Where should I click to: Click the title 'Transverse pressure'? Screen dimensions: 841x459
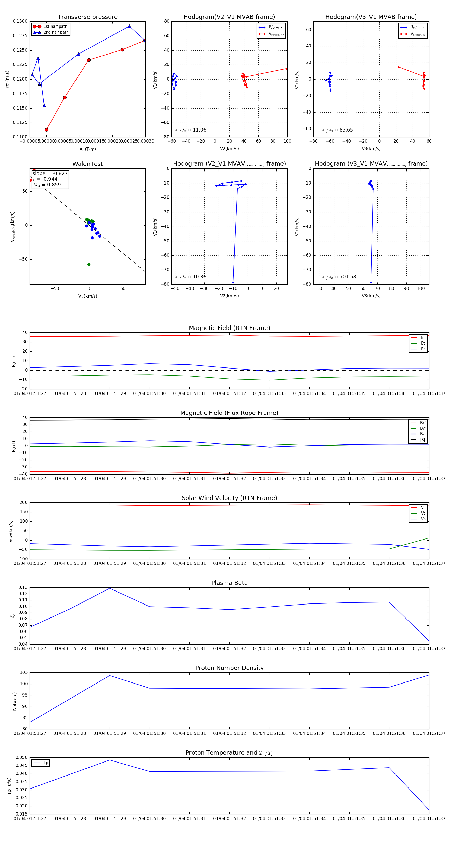point(87,17)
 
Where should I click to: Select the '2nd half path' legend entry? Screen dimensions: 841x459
point(56,32)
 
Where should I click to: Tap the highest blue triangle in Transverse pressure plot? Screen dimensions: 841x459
point(129,26)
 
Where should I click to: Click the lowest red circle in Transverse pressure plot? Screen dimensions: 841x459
point(46,130)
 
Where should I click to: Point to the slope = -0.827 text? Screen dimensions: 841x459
point(50,173)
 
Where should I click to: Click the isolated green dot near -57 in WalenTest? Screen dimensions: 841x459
point(89,265)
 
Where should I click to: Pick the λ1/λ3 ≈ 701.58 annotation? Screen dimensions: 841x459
point(339,277)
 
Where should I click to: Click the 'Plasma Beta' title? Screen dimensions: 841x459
point(229,583)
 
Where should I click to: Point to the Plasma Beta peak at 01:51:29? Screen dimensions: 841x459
point(110,588)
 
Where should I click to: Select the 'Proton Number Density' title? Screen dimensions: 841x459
point(229,668)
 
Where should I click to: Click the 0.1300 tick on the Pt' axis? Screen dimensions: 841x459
point(20,21)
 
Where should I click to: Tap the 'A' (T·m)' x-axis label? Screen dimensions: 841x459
point(87,149)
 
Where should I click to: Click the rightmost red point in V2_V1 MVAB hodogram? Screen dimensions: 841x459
point(287,69)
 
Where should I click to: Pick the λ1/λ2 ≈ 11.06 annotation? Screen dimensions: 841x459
point(190,130)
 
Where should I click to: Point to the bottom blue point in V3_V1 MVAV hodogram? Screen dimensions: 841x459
point(371,282)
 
